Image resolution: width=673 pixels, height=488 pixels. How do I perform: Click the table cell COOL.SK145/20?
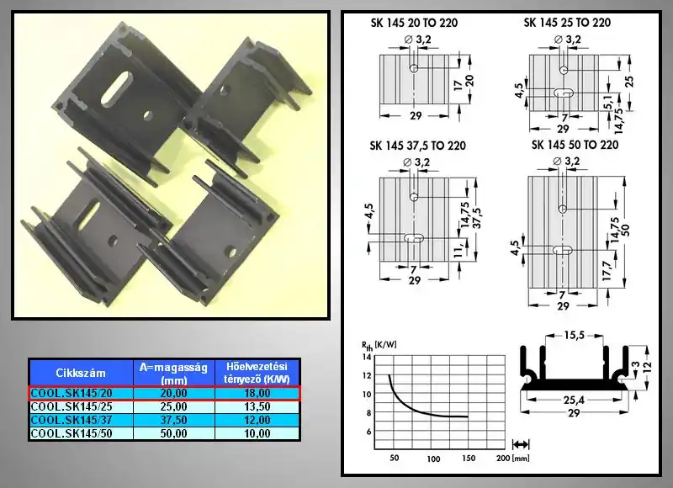65,393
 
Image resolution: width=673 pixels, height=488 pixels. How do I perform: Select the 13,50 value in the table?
257,406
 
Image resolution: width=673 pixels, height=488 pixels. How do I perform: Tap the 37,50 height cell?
174,420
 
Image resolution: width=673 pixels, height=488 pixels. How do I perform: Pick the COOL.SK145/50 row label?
72,433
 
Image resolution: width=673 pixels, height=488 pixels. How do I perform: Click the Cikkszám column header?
81,373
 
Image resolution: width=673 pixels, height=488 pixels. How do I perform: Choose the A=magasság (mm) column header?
174,374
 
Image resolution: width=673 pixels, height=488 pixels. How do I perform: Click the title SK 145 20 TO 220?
414,23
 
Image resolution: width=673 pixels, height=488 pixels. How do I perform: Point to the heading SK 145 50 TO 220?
575,145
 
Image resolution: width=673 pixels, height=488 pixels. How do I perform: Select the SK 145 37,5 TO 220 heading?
417,146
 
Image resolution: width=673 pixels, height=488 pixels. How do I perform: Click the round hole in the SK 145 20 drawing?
414,68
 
